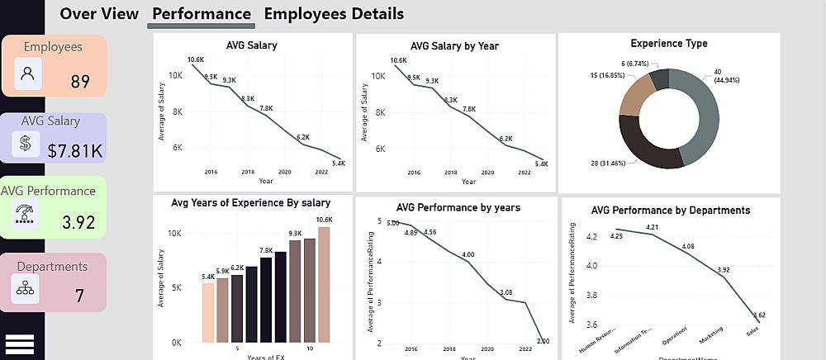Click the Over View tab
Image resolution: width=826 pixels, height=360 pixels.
99,14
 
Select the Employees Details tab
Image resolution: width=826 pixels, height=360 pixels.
334,14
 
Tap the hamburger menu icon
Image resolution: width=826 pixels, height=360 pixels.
19,343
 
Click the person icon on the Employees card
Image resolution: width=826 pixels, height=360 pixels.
28,75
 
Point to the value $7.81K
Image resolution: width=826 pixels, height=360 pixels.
75,151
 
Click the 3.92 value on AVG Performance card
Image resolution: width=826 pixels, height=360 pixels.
79,222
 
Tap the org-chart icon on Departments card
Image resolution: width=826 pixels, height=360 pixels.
25,288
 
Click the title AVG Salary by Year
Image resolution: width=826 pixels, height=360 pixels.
454,46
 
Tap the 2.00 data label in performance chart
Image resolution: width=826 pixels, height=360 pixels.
541,341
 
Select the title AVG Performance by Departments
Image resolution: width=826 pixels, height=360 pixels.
671,211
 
